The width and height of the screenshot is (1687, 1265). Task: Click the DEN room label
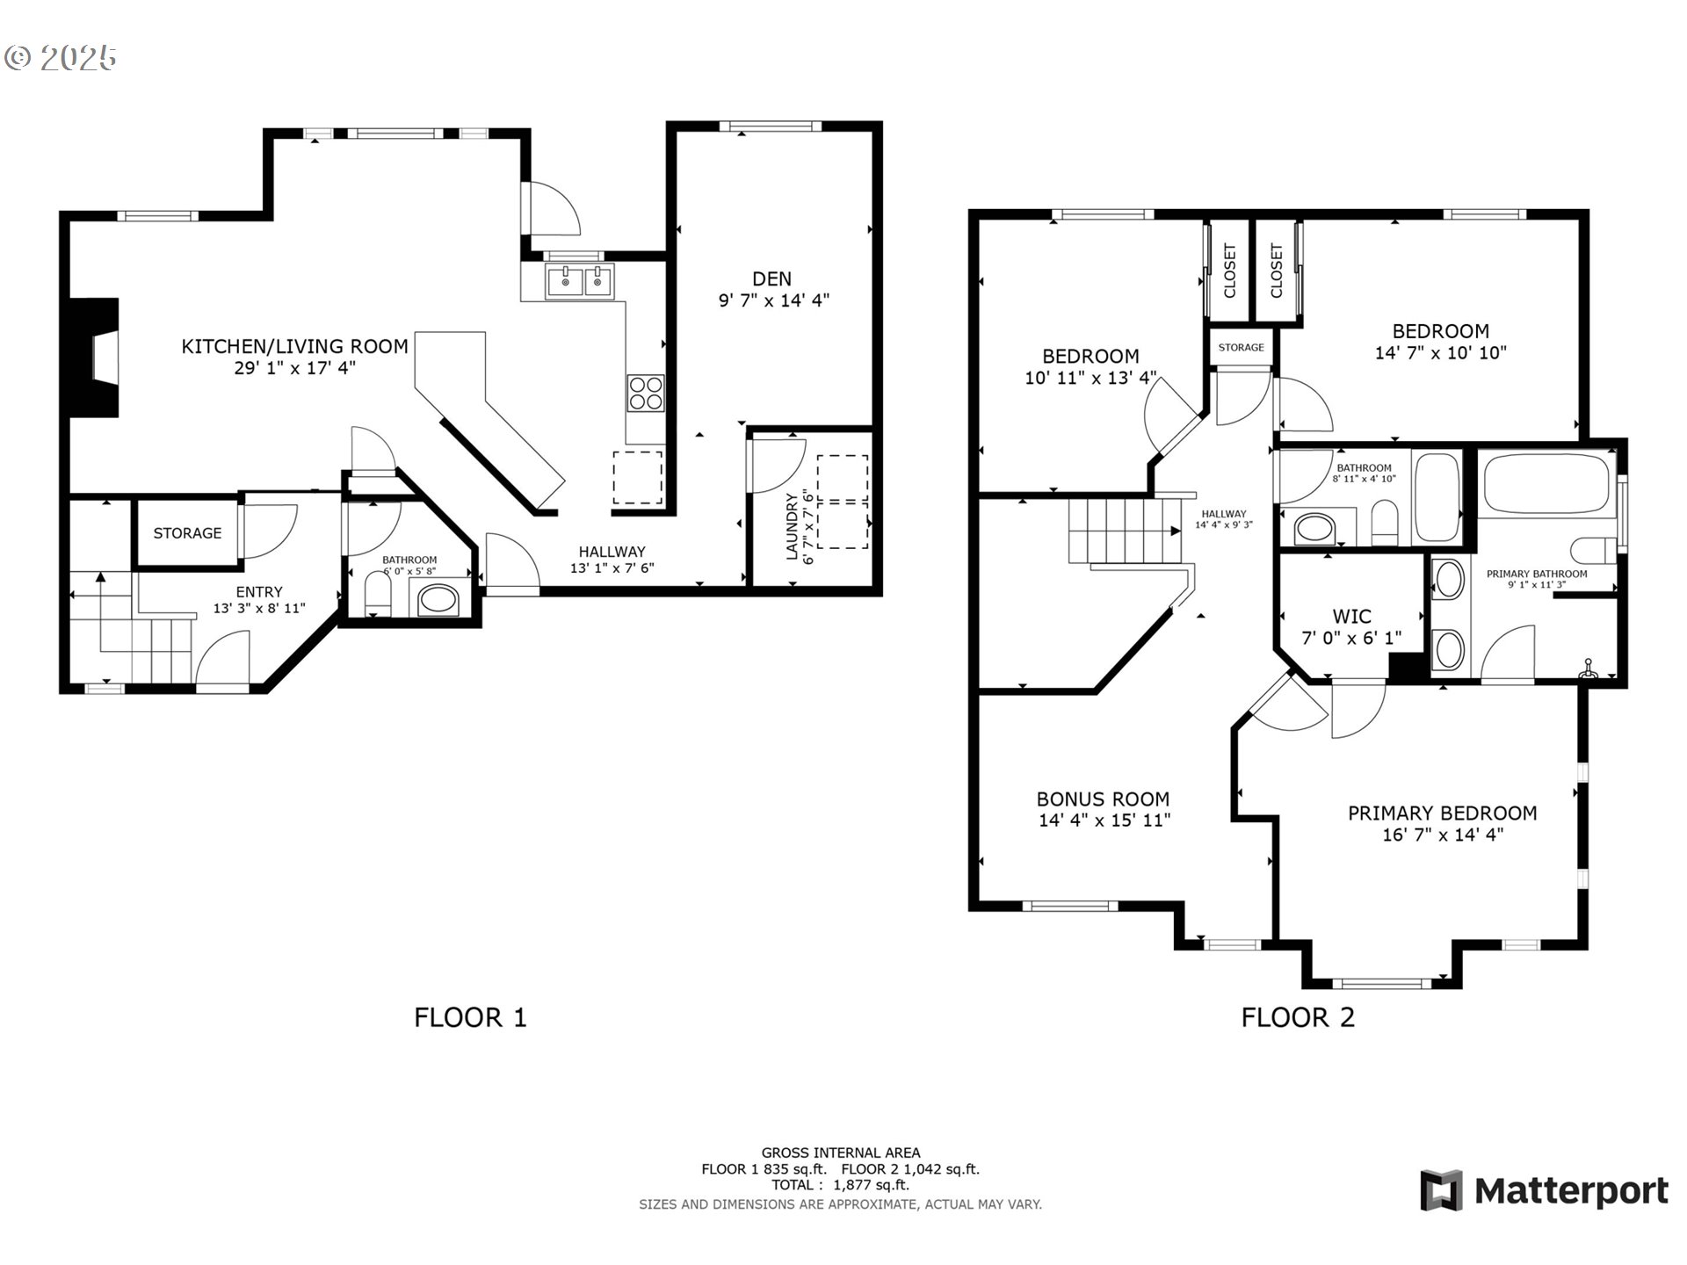771,278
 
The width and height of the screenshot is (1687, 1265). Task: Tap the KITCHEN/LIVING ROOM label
294,346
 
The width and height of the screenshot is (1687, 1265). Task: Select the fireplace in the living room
95,358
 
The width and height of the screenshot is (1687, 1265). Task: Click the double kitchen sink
580,282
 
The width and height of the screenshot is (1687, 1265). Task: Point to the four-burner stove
646,393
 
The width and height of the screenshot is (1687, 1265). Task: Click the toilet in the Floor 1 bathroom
378,595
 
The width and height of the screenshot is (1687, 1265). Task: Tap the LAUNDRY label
792,526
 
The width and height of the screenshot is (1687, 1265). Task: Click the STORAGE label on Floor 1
187,533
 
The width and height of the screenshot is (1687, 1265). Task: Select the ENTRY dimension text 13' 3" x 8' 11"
259,608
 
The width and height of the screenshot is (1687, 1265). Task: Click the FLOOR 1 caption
470,1017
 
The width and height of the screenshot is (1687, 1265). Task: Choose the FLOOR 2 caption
1298,1017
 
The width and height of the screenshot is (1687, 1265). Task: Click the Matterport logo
1544,1190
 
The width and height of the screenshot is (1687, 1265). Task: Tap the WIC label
1351,617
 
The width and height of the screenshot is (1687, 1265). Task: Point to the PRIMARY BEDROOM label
1443,813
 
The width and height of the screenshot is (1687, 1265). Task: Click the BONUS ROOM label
1103,799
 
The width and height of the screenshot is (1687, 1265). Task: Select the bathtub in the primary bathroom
1546,482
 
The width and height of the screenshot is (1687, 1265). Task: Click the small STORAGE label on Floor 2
1241,347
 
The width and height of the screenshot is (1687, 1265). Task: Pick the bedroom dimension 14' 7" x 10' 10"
1441,353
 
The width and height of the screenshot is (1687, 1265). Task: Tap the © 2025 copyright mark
60,58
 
